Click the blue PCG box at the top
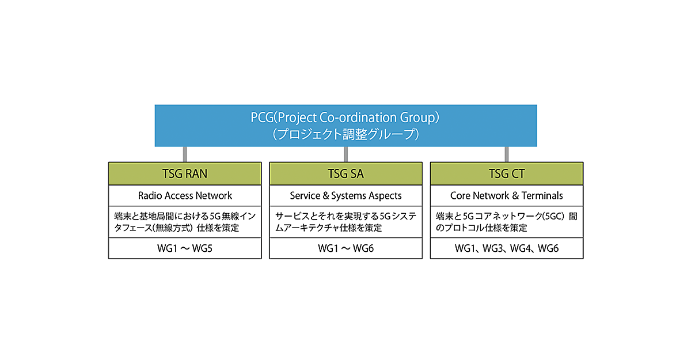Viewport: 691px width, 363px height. point(345,125)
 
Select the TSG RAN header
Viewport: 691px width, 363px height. point(185,173)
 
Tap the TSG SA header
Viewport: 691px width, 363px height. point(345,173)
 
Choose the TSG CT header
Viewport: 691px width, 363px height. point(506,173)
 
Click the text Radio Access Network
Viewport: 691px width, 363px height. point(185,195)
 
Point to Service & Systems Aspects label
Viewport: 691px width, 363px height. point(345,195)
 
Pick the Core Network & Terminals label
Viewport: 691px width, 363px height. point(506,195)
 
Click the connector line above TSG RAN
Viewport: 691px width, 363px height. point(185,154)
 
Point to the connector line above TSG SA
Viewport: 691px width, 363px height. point(345,154)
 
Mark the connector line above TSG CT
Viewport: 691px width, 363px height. point(507,154)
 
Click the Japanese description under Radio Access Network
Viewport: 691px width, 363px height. point(185,222)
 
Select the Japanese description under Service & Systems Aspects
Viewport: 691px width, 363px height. point(345,222)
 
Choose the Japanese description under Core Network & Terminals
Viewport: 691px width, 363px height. point(506,222)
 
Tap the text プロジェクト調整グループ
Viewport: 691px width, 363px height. point(345,134)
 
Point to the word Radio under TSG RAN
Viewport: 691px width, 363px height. point(150,195)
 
